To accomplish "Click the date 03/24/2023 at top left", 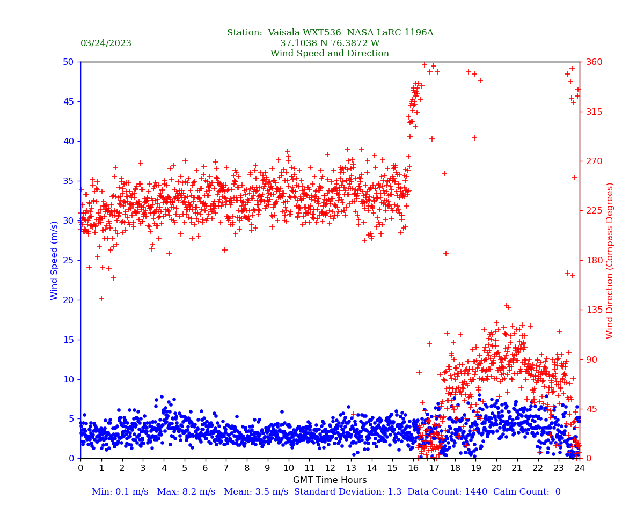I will (x=106, y=43).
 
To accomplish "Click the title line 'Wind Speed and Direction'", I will (x=330, y=54).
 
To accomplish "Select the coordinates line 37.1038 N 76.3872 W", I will (x=330, y=43).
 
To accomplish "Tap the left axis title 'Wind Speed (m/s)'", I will (x=55, y=260).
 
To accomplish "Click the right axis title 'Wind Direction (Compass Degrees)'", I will (x=610, y=260).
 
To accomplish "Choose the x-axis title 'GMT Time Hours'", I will (x=330, y=480).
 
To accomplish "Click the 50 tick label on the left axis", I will (x=68, y=62).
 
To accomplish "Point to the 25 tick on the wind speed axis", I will (x=68, y=260).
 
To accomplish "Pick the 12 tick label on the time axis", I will (x=330, y=468).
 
